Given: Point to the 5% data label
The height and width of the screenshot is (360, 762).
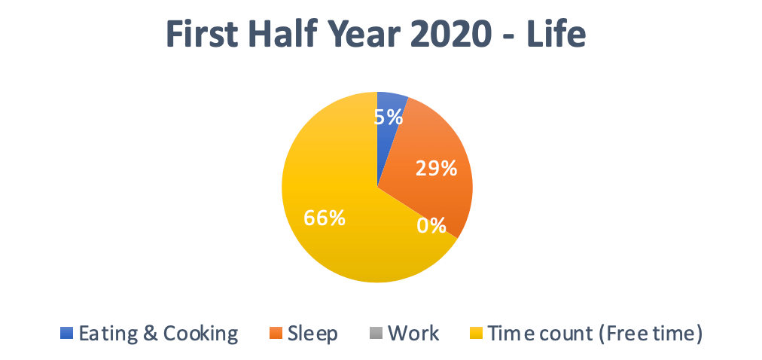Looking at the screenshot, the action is (389, 117).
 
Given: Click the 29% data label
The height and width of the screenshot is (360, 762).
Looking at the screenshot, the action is (436, 168).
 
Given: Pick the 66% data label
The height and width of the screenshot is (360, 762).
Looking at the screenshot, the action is (324, 218).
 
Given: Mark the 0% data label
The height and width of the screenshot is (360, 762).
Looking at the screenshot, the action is (431, 225).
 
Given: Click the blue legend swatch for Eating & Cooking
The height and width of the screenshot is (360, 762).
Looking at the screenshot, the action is (66, 334).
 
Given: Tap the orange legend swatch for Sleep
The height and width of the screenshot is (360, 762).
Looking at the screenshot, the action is (275, 334).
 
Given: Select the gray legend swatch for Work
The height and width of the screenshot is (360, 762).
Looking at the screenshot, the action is (376, 334).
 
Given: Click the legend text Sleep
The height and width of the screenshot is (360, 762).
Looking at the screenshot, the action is (312, 334).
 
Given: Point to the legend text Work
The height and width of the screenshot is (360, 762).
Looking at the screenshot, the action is (413, 334).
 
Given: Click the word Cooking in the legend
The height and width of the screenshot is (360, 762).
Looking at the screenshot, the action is (200, 334).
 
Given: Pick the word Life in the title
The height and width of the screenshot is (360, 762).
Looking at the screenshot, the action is (556, 34).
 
